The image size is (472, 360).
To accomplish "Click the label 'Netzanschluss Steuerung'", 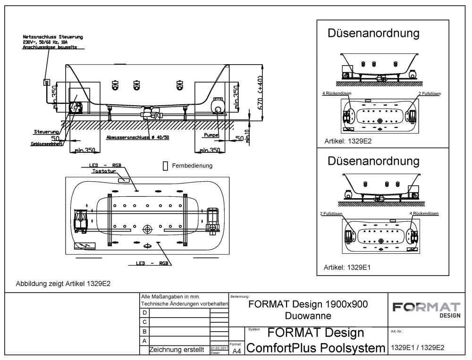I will [x=53, y=37].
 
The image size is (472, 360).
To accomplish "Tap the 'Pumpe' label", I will [x=211, y=135].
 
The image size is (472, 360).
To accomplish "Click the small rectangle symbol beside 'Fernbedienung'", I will [x=165, y=166].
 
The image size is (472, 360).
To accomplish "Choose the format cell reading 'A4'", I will [x=237, y=351].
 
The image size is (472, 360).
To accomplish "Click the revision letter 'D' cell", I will [x=144, y=312].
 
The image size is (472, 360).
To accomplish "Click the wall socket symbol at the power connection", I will [x=46, y=83].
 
